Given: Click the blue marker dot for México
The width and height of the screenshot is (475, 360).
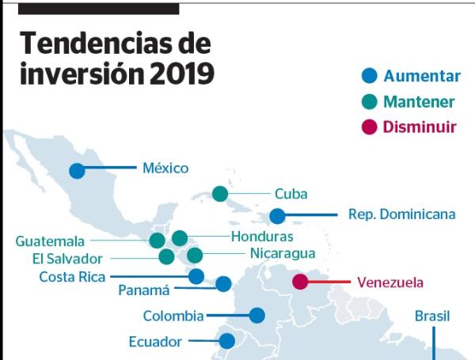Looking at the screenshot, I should click(x=77, y=170).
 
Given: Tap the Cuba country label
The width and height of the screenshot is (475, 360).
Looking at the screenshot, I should click(x=291, y=194).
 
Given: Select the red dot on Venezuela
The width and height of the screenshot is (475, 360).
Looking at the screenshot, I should click(x=300, y=282).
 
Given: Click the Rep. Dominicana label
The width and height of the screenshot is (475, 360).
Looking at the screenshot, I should click(x=401, y=214).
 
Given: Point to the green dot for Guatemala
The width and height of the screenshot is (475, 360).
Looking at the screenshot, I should click(x=158, y=241).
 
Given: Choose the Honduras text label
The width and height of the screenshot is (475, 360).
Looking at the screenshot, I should click(x=262, y=237).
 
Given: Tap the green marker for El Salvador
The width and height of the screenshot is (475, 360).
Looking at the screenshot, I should click(x=166, y=256).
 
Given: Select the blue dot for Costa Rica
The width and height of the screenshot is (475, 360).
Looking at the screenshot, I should click(x=196, y=276).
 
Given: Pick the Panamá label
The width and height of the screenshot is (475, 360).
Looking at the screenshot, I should click(x=144, y=290).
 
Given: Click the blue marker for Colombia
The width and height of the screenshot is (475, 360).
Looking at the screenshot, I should click(x=256, y=315).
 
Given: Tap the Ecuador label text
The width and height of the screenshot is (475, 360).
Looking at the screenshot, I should click(x=155, y=342).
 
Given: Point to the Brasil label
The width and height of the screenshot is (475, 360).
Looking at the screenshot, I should click(x=432, y=316).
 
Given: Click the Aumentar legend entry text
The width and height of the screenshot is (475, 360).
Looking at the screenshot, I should click(x=421, y=77).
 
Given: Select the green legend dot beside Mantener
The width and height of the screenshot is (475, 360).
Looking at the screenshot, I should click(x=369, y=102).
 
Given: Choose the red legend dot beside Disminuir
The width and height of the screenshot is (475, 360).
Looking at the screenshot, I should click(x=369, y=127).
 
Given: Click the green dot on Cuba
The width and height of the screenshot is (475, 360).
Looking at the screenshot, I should click(x=220, y=194).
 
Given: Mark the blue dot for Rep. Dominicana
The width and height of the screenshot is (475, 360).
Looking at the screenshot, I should click(x=277, y=215).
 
